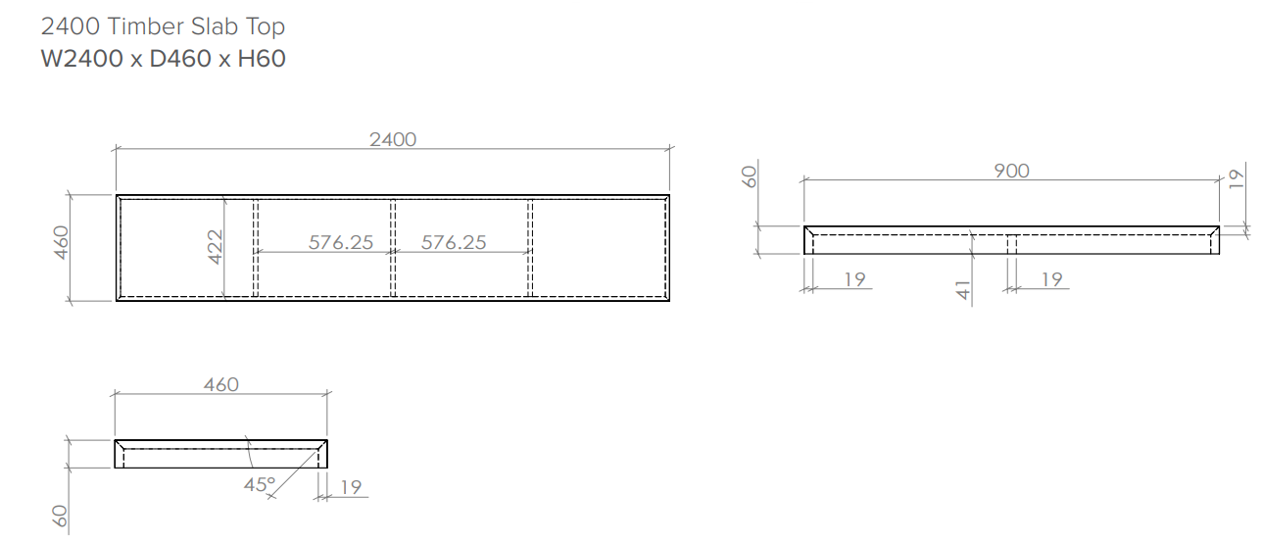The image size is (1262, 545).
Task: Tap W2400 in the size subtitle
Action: [81, 59]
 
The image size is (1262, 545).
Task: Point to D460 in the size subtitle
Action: [180, 59]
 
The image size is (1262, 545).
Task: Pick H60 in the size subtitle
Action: [262, 59]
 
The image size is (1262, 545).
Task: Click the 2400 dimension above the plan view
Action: [392, 139]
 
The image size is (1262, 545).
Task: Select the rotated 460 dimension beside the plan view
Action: [61, 244]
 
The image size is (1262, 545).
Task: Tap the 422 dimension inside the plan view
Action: [216, 248]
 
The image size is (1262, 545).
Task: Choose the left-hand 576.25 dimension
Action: [341, 242]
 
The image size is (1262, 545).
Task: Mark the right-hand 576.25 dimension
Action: [454, 242]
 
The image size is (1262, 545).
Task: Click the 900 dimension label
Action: [1011, 171]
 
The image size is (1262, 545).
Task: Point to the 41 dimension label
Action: [962, 289]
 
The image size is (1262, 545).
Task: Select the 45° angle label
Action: [260, 483]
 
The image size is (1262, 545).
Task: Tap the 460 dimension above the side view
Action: [220, 384]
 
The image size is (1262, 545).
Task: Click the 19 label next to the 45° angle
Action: [351, 486]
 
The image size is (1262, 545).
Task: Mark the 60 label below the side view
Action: [61, 519]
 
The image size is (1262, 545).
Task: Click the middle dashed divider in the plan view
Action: [393, 247]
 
